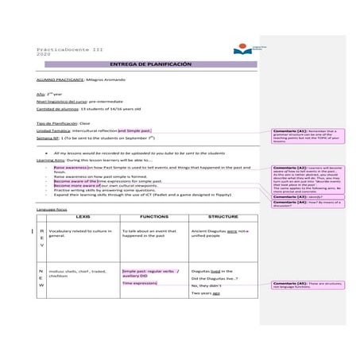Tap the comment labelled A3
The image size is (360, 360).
pyautogui.click(x=295, y=196)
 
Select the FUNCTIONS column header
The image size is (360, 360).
pyautogui.click(x=153, y=216)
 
